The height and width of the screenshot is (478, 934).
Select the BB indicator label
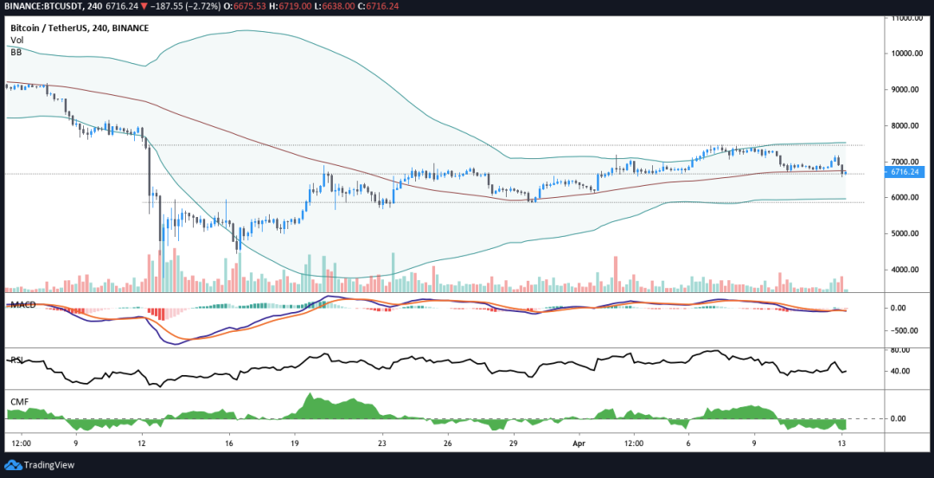[x=16, y=53]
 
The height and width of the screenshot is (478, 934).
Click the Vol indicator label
[x=16, y=41]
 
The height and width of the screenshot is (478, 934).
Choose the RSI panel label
[x=16, y=360]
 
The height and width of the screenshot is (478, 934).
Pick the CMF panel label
[x=17, y=401]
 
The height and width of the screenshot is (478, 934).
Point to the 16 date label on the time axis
[x=228, y=442]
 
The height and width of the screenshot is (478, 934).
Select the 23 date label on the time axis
[x=382, y=442]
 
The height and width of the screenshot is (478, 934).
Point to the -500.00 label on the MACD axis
[x=905, y=330]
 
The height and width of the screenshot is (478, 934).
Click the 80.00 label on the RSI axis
[x=902, y=350]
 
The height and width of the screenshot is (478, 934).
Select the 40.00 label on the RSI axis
[x=902, y=372]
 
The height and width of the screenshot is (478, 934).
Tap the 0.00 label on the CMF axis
[x=899, y=418]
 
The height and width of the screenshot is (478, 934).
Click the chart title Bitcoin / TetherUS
[x=57, y=29]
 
